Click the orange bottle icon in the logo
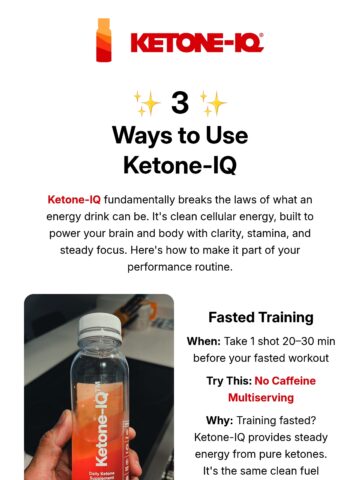[x=104, y=40]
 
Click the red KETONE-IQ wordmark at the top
[x=197, y=42]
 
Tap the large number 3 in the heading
[x=180, y=103]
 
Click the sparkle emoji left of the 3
[x=147, y=103]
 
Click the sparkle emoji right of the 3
[x=213, y=103]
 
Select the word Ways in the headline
[x=142, y=135]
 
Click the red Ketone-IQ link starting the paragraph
[x=74, y=200]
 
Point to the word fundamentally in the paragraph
[x=139, y=200]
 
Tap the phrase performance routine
[x=180, y=267]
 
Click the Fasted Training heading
[x=261, y=317]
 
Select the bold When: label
[x=204, y=341]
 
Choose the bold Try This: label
[x=229, y=381]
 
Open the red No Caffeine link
[x=285, y=381]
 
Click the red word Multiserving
[x=261, y=398]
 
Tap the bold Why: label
[x=219, y=420]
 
